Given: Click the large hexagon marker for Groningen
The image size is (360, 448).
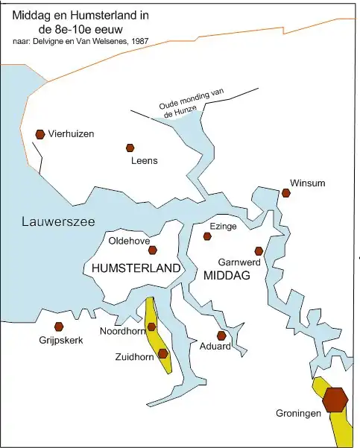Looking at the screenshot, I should (335, 400).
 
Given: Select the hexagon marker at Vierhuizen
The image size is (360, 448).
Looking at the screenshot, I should (40, 134).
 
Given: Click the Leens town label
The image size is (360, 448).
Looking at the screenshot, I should (144, 160).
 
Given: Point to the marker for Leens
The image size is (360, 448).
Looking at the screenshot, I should (130, 148).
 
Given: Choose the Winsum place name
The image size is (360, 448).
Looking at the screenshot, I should (308, 183).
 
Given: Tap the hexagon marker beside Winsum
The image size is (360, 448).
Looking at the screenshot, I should (286, 193).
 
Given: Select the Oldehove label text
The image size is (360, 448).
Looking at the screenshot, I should (130, 241).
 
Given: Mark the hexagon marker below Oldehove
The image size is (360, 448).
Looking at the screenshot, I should (153, 250).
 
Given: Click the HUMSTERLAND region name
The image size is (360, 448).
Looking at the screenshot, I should (136, 268).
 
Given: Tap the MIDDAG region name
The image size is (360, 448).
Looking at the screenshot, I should (226, 276).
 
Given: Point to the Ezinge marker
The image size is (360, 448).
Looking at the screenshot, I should (208, 236).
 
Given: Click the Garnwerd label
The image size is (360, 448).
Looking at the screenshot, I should (239, 262).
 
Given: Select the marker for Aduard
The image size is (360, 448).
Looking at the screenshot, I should (221, 335).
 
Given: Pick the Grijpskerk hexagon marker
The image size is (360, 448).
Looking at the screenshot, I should (59, 326).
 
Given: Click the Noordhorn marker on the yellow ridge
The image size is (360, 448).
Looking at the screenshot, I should (152, 326).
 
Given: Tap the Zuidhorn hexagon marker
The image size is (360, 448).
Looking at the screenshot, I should (162, 353).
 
